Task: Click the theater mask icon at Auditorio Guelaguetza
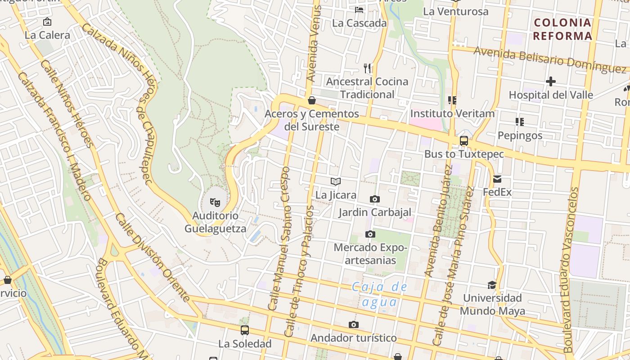(x=215, y=202)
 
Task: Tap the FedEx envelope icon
(x=497, y=179)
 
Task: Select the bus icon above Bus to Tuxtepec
(x=464, y=141)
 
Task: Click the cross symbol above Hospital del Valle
(x=550, y=81)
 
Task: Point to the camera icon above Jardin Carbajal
(x=374, y=199)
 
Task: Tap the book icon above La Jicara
(x=336, y=181)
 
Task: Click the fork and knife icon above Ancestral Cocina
(x=367, y=68)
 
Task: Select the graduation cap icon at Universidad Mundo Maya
(x=492, y=285)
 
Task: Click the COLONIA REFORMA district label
(x=562, y=29)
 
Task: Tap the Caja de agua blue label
(x=380, y=294)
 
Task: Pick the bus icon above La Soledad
(x=245, y=330)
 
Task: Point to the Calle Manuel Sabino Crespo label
(x=279, y=238)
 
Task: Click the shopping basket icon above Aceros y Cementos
(x=311, y=100)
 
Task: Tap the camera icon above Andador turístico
(x=354, y=324)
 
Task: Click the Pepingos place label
(x=520, y=135)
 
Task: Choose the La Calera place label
(x=47, y=35)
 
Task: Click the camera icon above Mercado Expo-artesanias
(x=370, y=234)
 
